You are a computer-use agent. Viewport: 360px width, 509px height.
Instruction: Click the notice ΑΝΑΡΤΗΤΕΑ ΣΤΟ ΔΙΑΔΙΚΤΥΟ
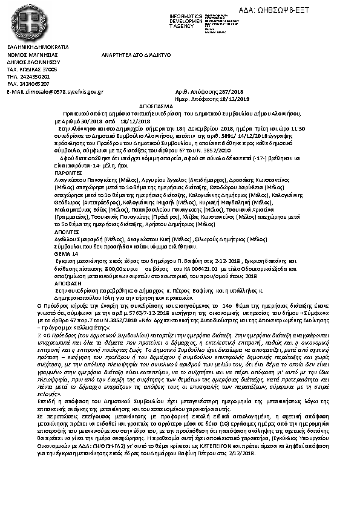[x=137, y=54]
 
